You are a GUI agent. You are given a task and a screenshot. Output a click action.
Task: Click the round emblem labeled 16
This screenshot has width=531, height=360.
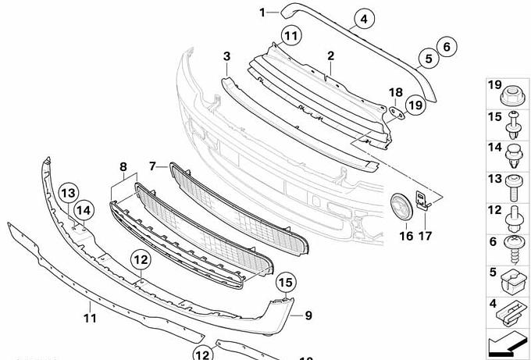401,207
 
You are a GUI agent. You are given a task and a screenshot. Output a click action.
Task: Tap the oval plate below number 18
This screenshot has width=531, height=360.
397,113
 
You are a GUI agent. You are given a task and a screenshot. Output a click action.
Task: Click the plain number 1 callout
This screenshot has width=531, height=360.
262,12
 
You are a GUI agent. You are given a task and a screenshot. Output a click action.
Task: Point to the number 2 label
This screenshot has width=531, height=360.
330,56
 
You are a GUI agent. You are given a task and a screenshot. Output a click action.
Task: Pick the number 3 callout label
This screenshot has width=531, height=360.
226,56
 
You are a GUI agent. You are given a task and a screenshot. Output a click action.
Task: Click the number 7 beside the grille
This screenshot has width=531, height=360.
152,166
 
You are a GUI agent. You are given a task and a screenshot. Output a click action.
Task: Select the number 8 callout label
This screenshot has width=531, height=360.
123,166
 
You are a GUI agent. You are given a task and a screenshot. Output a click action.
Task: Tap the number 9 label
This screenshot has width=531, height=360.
308,315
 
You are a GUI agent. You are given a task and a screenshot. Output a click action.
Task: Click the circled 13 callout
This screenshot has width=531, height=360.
69,193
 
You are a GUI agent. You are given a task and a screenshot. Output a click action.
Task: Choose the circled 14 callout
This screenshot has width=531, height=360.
84,210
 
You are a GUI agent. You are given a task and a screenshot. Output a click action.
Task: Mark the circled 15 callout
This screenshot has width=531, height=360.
286,282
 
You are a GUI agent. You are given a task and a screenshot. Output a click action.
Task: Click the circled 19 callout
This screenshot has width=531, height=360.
415,105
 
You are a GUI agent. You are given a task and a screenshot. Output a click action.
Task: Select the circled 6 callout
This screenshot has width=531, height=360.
447,47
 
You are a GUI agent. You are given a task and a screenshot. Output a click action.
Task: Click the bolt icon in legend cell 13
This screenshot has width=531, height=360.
514,187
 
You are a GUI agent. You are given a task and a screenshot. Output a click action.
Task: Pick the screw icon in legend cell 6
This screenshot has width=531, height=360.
515,250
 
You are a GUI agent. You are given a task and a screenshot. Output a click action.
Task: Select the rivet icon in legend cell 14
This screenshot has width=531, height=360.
514,156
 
